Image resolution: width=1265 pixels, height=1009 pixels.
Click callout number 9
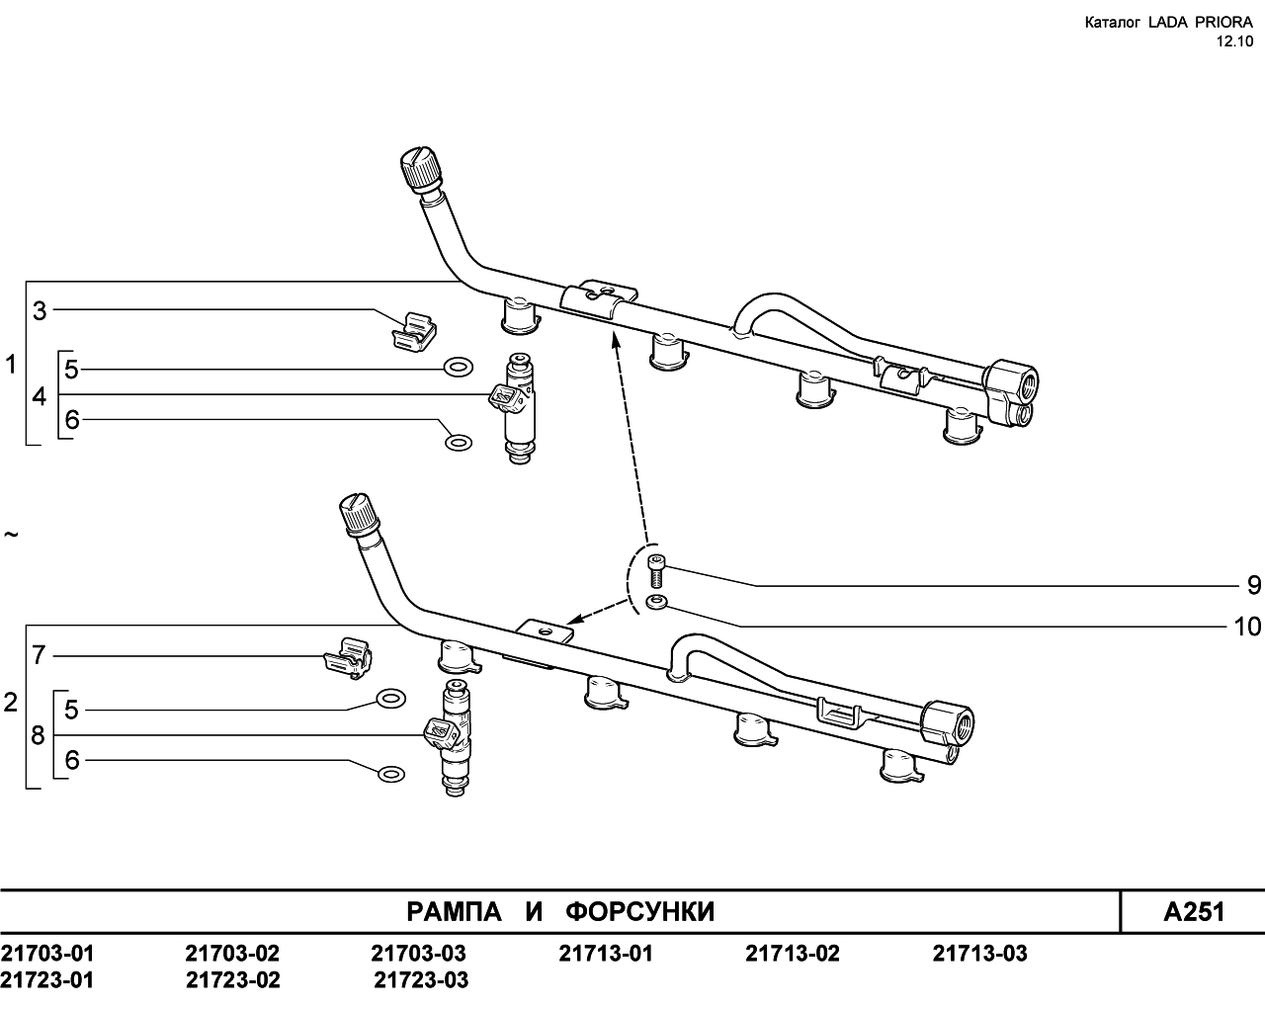[x=1254, y=586]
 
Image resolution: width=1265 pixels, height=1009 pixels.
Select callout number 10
[x=1247, y=627]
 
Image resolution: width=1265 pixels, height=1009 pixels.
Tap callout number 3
[x=40, y=311]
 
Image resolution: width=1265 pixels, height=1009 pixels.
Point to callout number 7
[x=39, y=655]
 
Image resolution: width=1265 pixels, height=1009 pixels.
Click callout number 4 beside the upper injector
[x=39, y=396]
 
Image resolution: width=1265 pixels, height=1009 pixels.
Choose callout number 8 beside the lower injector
[x=38, y=735]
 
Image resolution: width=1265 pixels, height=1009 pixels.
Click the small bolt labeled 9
[x=655, y=571]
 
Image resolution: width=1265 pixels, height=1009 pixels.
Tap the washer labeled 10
[x=656, y=602]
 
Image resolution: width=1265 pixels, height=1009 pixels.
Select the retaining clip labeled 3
[x=414, y=332]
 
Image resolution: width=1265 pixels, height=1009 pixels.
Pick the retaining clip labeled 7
[x=349, y=658]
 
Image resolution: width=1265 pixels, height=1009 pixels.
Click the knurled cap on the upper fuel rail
[x=421, y=168]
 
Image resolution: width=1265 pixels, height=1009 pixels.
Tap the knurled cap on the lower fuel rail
[x=360, y=513]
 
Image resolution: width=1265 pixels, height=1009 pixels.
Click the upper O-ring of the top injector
[x=459, y=368]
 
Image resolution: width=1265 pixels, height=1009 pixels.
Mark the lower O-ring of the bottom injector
[x=391, y=774]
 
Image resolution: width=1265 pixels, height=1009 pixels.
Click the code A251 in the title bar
[x=1194, y=912]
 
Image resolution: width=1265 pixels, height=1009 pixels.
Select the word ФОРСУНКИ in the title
[x=640, y=912]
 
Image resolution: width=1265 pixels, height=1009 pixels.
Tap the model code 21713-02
[x=793, y=954]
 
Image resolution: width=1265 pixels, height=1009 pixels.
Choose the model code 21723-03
[x=421, y=980]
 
